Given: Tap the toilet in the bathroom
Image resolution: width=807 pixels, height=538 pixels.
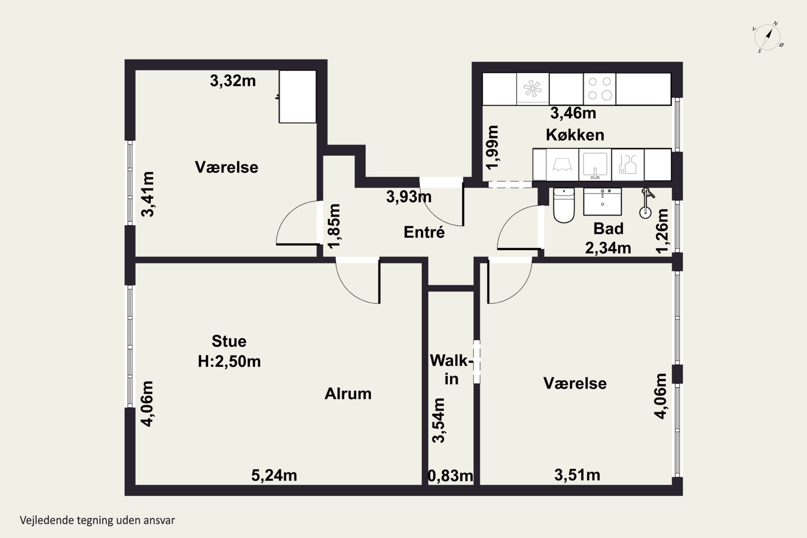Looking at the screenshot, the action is [x=564, y=205].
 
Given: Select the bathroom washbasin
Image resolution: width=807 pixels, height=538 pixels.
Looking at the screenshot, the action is [x=603, y=202].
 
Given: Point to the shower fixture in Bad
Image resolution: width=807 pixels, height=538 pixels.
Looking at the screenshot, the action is [x=646, y=203].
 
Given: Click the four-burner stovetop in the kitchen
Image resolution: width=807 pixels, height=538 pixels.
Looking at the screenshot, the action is [x=599, y=89].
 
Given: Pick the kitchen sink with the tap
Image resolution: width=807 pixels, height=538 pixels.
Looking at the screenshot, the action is [x=595, y=165].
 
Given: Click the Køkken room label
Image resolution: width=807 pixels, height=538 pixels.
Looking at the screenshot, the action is [x=575, y=135].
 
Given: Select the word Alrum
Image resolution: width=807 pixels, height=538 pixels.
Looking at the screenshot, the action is [x=348, y=394].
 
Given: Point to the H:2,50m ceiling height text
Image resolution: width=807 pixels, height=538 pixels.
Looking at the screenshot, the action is [x=229, y=361].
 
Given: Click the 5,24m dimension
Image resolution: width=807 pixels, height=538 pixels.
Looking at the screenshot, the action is [x=274, y=475].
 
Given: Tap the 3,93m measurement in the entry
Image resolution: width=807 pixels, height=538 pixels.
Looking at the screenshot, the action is [x=409, y=197].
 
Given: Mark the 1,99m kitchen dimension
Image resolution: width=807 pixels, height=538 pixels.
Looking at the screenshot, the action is [x=492, y=147].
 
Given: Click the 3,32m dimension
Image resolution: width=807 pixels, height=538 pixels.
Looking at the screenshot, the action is [x=233, y=81].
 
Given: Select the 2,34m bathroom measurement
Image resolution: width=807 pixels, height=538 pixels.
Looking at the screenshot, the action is [x=608, y=248].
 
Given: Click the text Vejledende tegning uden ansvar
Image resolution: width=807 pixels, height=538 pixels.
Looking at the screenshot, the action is [x=97, y=520].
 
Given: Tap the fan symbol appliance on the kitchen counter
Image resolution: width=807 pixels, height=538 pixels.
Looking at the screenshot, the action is [x=533, y=89].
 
